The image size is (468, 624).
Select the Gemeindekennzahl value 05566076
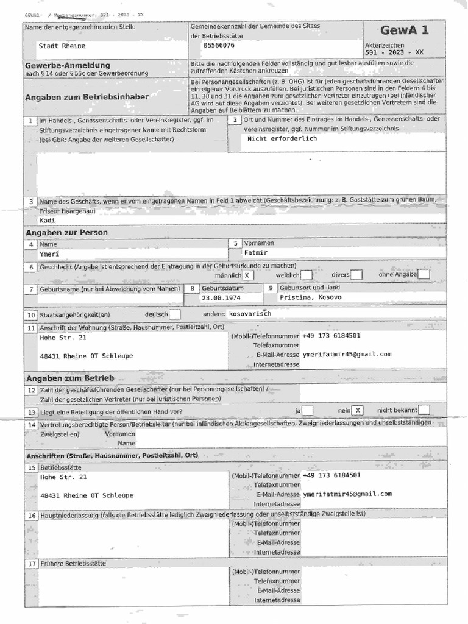[x=219, y=46]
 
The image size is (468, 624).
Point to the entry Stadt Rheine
[x=62, y=46]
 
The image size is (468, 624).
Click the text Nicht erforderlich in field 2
[x=282, y=139]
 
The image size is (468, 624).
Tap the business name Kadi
[x=47, y=221]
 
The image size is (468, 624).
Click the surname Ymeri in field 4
[x=49, y=253]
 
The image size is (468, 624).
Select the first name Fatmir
[x=256, y=253]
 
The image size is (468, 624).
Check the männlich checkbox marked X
[x=250, y=275]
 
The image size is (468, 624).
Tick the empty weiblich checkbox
[x=307, y=275]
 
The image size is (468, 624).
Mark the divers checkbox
[x=356, y=275]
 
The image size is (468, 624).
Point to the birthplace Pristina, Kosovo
[x=311, y=298]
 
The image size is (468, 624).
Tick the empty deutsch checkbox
[x=175, y=315]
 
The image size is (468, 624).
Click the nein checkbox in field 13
[x=358, y=411]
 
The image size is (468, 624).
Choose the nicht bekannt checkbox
[x=424, y=410]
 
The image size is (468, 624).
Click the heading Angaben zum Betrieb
[x=70, y=378]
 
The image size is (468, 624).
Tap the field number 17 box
[x=32, y=564]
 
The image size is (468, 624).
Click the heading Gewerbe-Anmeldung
[x=68, y=65]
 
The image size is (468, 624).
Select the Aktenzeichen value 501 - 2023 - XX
[x=394, y=52]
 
